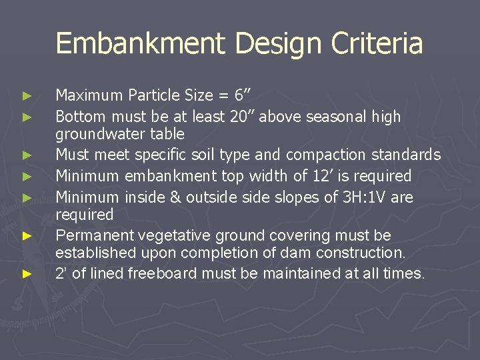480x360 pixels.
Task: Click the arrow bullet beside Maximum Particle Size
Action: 27,95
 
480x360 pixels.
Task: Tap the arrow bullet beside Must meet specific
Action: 27,155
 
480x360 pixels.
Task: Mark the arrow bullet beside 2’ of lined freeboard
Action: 27,274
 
